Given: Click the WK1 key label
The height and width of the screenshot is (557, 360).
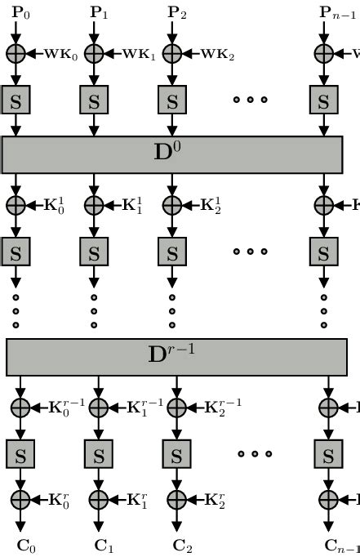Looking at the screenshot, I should click(x=139, y=55).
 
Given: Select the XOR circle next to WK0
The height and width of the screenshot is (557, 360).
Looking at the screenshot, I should click(x=16, y=54).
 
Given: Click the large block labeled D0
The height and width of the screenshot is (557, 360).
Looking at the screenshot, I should click(x=172, y=154).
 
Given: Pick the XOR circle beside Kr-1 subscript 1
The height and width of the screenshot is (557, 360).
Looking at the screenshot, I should click(x=99, y=406).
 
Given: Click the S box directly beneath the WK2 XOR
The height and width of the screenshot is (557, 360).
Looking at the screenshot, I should click(x=172, y=102).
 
